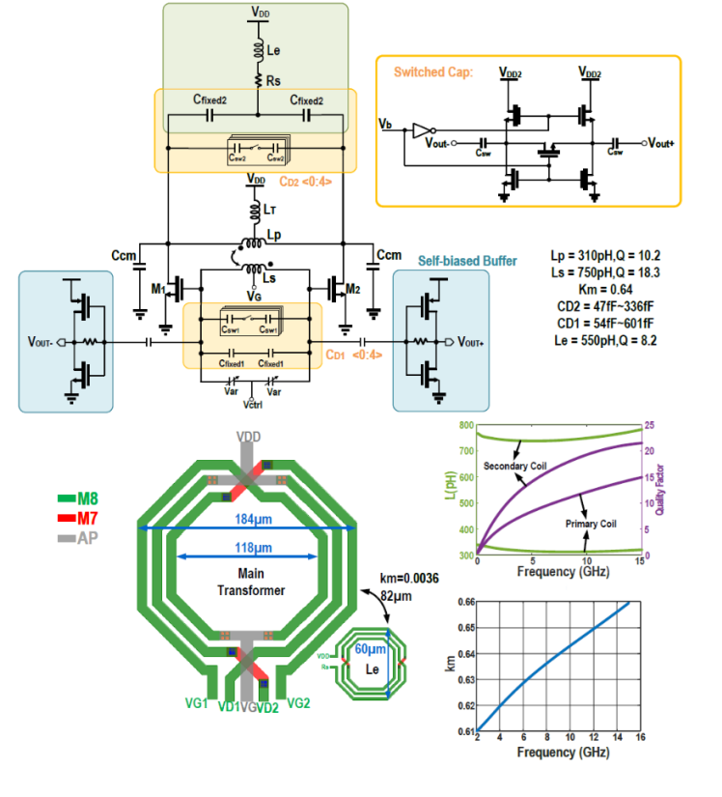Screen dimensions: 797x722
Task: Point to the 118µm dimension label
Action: (x=247, y=548)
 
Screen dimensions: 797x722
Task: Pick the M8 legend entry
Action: (x=85, y=498)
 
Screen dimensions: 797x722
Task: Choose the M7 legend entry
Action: (x=85, y=519)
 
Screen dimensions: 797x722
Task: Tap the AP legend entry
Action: (x=85, y=538)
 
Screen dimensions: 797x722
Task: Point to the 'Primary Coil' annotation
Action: (x=589, y=523)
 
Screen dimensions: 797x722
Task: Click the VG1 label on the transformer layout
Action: (x=195, y=704)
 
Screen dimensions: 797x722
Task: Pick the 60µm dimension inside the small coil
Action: (x=366, y=648)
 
